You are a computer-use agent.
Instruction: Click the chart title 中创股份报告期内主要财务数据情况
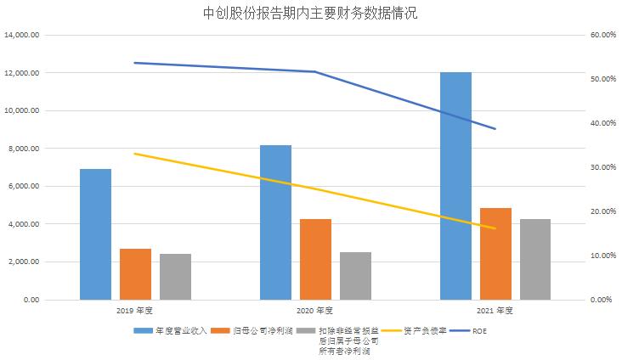click(x=311, y=14)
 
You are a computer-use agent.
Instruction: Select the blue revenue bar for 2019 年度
click(x=95, y=234)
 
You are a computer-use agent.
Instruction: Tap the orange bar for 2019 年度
click(x=135, y=273)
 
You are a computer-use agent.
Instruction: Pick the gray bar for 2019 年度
click(x=175, y=276)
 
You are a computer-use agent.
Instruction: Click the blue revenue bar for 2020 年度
click(x=275, y=222)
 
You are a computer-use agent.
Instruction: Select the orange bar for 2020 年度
click(x=315, y=259)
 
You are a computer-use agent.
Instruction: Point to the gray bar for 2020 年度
click(x=355, y=275)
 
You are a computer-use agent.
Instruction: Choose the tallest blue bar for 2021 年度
click(x=455, y=186)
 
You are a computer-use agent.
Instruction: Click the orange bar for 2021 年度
click(x=495, y=253)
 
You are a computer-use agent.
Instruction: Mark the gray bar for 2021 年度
click(x=535, y=259)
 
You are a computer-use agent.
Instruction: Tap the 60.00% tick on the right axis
click(x=602, y=35)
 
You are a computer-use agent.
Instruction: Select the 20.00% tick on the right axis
click(x=602, y=211)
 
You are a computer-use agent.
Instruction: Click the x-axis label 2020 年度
click(x=315, y=310)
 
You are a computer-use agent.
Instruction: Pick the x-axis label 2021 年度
click(x=495, y=310)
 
